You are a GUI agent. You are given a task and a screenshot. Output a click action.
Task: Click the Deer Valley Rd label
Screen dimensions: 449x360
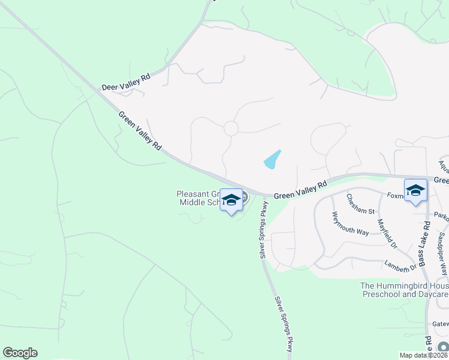[126, 83]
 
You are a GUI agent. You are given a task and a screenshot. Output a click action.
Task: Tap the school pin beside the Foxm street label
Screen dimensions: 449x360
[415, 191]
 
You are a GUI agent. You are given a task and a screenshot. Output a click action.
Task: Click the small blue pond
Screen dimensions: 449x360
[272, 160]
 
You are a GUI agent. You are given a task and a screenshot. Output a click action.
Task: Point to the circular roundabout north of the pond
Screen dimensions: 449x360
[231, 128]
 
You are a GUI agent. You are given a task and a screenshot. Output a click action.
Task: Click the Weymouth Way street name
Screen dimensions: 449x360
[351, 224]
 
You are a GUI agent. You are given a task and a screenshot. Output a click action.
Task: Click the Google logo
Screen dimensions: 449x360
[20, 353]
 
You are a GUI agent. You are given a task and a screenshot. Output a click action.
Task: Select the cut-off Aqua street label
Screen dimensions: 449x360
[444, 164]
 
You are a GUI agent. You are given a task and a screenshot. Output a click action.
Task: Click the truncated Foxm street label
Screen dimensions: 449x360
[396, 195]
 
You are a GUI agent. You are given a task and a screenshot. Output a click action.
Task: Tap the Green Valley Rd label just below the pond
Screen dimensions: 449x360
[300, 190]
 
